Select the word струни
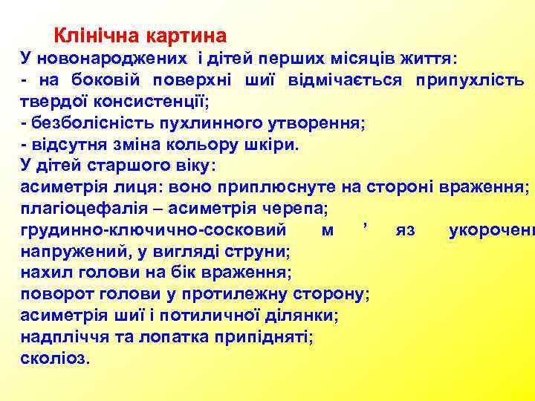pos(260,252)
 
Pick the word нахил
pos(44,273)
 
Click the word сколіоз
pos(54,359)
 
